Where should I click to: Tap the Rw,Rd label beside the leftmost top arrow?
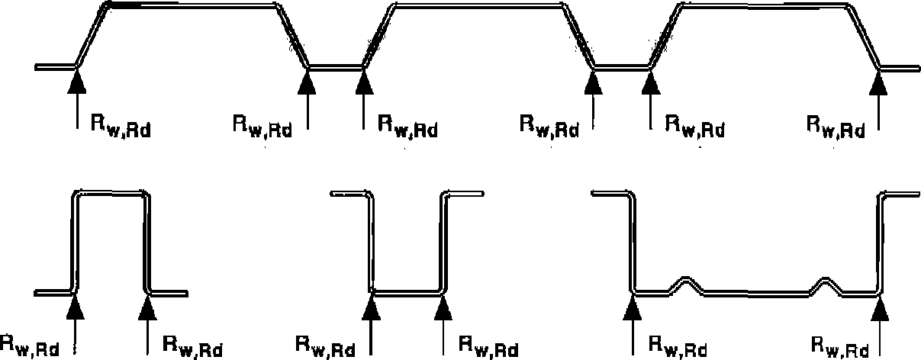[121, 126]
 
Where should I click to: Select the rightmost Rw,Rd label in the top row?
[836, 127]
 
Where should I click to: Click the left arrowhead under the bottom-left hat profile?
[76, 307]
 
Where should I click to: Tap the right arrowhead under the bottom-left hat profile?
[147, 307]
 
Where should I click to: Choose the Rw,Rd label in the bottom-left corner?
[30, 346]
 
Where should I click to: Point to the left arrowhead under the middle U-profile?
[371, 307]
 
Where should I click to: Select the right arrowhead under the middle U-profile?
[443, 307]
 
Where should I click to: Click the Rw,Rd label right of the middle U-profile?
[489, 347]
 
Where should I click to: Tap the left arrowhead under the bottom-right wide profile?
[633, 307]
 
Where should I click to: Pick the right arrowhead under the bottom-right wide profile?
[880, 308]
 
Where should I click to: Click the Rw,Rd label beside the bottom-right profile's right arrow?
[840, 347]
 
